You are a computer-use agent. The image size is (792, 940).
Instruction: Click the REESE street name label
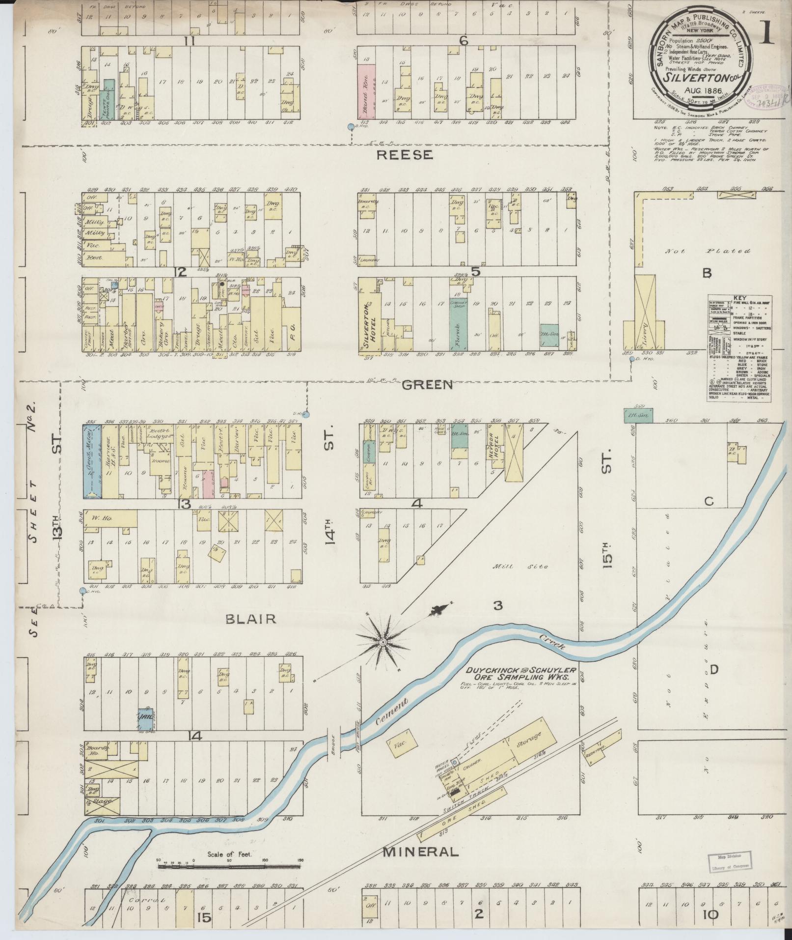pyautogui.click(x=405, y=155)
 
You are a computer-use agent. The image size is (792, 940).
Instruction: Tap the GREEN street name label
pyautogui.click(x=427, y=384)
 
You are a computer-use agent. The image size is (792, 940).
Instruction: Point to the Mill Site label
pyautogui.click(x=528, y=567)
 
